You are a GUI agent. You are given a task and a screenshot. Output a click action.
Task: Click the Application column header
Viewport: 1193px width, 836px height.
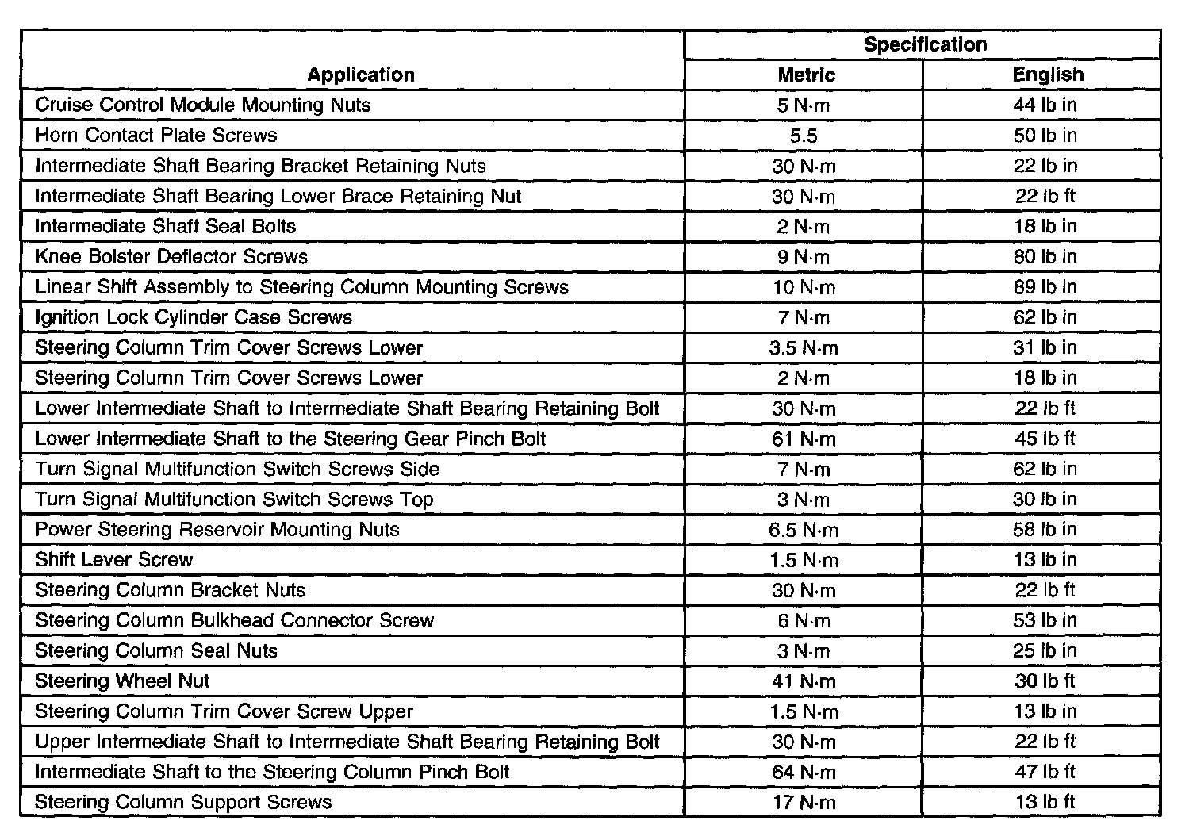pos(361,75)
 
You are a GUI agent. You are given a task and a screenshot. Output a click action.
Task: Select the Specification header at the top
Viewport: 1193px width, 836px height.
pos(925,44)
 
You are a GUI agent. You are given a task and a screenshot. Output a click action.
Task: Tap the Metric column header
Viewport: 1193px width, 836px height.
pos(806,75)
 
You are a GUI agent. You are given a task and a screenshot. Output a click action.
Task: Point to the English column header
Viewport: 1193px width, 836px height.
pos(1047,75)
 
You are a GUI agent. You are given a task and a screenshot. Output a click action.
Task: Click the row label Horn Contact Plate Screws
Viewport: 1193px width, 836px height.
pos(156,135)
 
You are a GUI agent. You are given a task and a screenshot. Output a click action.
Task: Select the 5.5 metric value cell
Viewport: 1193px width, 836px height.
pos(803,136)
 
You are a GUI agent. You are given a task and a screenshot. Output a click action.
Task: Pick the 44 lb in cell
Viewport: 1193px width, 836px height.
pos(1045,105)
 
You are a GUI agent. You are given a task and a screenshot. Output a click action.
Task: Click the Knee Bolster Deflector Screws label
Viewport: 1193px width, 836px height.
pos(171,256)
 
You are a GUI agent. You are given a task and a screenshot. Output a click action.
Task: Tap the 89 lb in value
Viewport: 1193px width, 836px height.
pos(1045,287)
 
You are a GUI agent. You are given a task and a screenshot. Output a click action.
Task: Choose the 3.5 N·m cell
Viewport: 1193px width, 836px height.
pos(804,347)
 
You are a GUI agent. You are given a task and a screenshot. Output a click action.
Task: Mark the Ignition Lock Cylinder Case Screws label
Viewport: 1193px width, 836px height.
pos(194,317)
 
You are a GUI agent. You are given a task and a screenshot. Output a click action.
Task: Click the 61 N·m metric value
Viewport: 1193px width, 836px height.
pos(804,439)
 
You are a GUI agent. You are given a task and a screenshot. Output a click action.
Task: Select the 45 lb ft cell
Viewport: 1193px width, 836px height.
pos(1045,439)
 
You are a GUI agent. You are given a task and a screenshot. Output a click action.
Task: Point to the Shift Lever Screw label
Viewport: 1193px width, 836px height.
pos(114,559)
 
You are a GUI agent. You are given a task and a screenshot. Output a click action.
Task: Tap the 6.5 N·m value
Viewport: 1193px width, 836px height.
pos(804,530)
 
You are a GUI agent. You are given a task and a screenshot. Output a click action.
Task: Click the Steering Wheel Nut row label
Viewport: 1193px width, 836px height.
pos(123,681)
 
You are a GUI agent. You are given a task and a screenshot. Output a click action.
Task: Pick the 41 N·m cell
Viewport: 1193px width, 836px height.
pos(804,681)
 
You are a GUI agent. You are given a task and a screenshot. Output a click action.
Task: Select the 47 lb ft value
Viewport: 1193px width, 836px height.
pos(1045,772)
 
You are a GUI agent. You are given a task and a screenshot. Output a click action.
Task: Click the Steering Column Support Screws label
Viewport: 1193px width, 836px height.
pos(183,802)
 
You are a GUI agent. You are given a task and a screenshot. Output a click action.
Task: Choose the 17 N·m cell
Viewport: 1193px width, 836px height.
pos(804,803)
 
